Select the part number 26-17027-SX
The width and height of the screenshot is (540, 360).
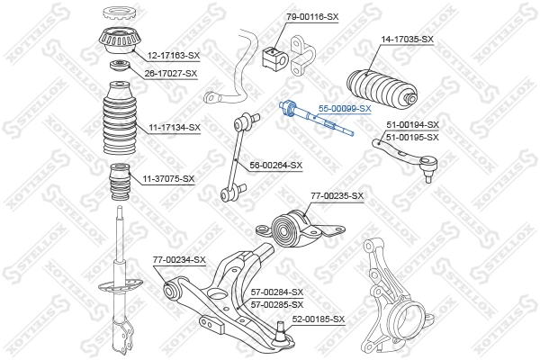(171, 73)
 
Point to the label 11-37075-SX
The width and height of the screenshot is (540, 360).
(168, 178)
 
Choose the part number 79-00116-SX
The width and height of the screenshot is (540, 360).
(312, 17)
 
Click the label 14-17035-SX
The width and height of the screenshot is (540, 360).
(408, 40)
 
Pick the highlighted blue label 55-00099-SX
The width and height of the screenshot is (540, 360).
(346, 108)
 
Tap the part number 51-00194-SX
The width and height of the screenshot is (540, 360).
(412, 124)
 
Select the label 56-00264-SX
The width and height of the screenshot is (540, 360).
(276, 165)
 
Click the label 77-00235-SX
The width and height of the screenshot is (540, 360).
(337, 195)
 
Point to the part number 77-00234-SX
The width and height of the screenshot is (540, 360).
(179, 260)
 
